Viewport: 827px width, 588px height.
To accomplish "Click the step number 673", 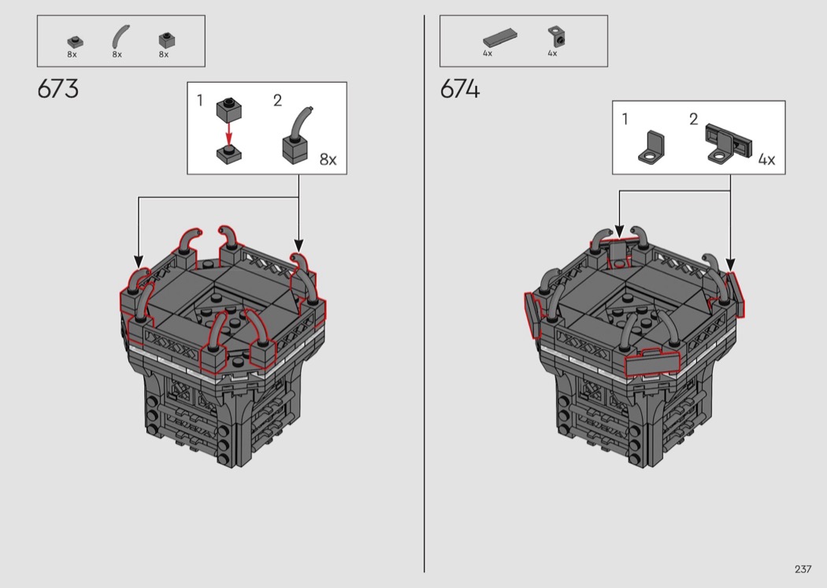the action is click(58, 89).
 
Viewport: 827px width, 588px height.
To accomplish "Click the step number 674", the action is click(460, 89).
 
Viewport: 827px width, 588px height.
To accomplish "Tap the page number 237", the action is click(803, 569).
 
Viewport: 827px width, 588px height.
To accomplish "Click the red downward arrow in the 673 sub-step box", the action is click(229, 133).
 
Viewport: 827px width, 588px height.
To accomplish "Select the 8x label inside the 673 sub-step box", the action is click(328, 159).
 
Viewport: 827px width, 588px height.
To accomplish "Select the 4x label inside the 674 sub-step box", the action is click(766, 159).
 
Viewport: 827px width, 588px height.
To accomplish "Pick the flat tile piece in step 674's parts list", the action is click(499, 38).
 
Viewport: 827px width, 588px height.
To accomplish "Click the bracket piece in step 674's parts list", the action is click(556, 36).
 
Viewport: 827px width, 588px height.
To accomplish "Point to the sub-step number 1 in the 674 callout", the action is click(625, 119).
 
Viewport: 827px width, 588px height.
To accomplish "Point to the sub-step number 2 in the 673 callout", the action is click(277, 100).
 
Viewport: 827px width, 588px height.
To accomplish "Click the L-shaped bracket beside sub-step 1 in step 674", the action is click(651, 147).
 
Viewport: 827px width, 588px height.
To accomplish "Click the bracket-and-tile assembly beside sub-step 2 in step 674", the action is click(729, 143).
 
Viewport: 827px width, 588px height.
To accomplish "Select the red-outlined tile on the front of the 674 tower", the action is click(652, 363).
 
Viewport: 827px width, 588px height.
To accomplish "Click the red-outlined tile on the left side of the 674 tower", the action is click(532, 315).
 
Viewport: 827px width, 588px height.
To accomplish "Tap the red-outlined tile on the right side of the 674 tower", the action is click(736, 295).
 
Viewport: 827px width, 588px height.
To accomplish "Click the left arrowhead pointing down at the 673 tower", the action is click(138, 261).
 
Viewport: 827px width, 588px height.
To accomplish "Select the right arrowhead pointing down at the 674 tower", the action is click(730, 266).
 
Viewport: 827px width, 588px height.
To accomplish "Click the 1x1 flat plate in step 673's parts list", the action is click(75, 41).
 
